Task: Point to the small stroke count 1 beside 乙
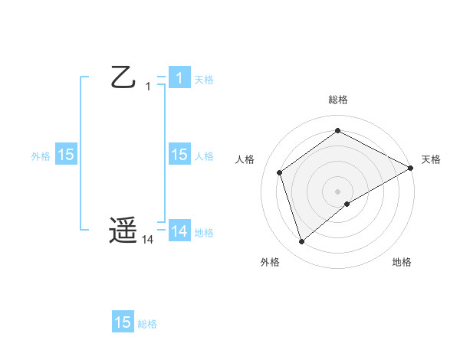148,87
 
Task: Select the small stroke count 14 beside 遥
148,240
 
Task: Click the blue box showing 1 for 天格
179,78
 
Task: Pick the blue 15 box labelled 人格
179,155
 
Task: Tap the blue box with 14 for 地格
179,231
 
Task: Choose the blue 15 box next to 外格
66,155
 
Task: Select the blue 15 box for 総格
123,322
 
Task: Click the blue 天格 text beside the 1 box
203,79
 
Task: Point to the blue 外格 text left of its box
41,155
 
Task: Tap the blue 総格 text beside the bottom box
147,323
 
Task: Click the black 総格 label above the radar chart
338,100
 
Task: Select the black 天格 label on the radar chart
432,159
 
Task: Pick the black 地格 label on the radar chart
402,262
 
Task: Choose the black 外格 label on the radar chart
270,262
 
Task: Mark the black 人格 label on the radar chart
245,159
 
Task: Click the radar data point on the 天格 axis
411,168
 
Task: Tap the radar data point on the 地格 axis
347,203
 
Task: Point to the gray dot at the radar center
338,191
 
